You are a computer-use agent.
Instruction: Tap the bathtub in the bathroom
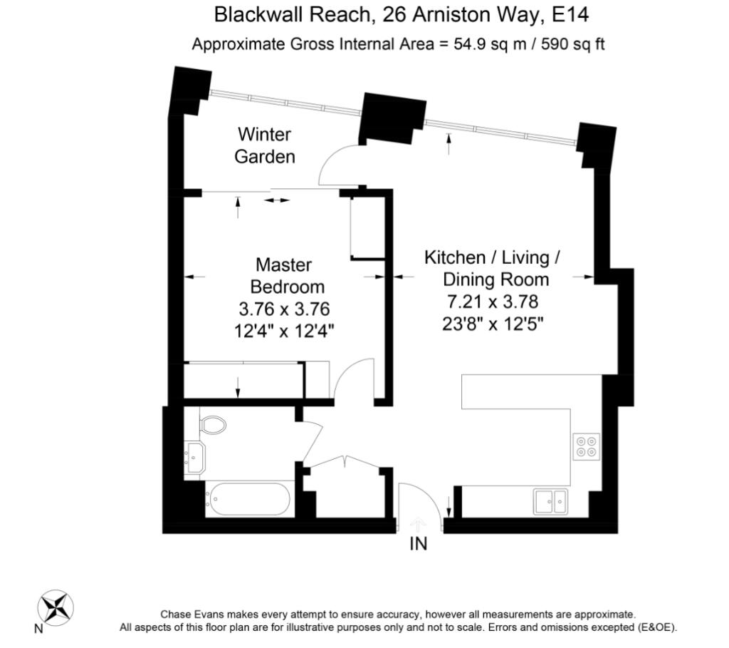pyautogui.click(x=247, y=499)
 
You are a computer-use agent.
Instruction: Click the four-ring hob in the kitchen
pyautogui.click(x=587, y=446)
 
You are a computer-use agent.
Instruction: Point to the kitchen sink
pyautogui.click(x=550, y=501)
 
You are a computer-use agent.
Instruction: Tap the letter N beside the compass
pyautogui.click(x=38, y=629)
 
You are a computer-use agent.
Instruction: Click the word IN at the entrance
pyautogui.click(x=419, y=543)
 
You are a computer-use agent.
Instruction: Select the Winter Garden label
pyautogui.click(x=265, y=145)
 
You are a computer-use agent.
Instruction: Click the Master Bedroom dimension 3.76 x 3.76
pyautogui.click(x=284, y=309)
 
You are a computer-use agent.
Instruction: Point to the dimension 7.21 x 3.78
pyautogui.click(x=493, y=302)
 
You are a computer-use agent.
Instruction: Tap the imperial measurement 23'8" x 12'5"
pyautogui.click(x=493, y=323)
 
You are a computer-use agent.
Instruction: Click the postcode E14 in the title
pyautogui.click(x=570, y=14)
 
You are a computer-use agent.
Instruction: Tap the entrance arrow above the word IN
pyautogui.click(x=419, y=524)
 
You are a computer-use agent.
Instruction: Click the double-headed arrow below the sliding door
pyautogui.click(x=277, y=200)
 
